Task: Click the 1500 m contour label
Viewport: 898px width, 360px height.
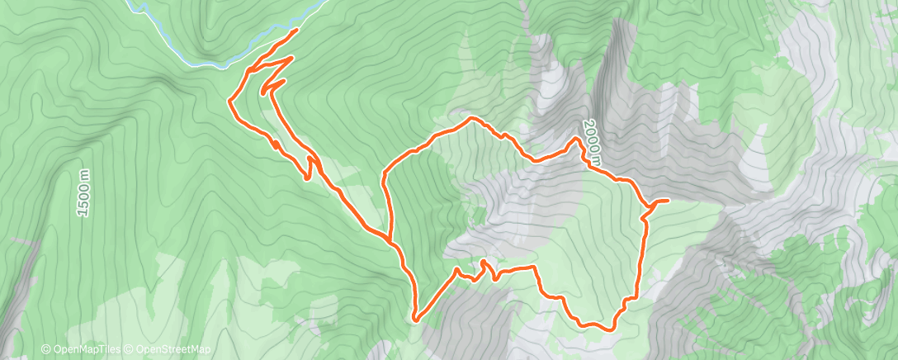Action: pos(84,193)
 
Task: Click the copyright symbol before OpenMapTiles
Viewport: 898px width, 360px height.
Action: pos(46,350)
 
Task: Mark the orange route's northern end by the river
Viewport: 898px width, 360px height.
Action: pos(296,30)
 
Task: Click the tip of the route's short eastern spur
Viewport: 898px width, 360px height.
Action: pos(667,201)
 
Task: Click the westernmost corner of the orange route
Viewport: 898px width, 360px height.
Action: pos(229,101)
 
